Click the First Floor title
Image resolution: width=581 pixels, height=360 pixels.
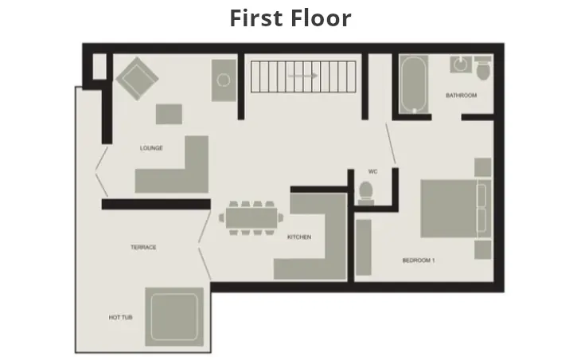(x=290, y=18)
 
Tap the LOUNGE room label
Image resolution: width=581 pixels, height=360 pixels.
(x=151, y=148)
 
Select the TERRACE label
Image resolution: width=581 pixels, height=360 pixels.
(x=143, y=248)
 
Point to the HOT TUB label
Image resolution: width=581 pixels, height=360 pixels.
(x=120, y=318)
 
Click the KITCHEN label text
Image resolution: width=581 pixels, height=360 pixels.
(x=299, y=237)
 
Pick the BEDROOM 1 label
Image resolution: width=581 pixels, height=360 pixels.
(x=419, y=260)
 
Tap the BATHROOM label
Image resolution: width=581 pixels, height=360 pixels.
(x=461, y=96)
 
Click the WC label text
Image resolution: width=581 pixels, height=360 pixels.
(x=372, y=172)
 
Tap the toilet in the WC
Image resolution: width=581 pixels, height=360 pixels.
(x=366, y=192)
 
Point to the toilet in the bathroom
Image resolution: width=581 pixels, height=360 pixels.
(x=482, y=71)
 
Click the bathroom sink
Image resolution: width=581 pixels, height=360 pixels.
(x=459, y=63)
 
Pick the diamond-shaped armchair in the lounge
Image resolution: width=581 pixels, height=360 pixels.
(x=138, y=78)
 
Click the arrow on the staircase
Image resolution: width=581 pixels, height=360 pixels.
(x=302, y=76)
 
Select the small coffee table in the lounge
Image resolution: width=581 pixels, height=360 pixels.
(x=169, y=114)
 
